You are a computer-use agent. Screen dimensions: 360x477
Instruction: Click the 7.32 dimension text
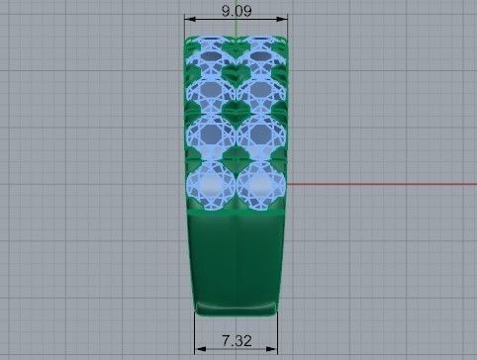[x=236, y=340]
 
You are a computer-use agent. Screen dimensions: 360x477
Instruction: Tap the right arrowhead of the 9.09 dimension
[x=284, y=19]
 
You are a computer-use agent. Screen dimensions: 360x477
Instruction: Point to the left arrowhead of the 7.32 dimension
[x=199, y=348]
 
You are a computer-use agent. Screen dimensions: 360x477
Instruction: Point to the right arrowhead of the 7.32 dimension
[x=273, y=348]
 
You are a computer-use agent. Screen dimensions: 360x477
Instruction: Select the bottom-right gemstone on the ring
[x=260, y=184]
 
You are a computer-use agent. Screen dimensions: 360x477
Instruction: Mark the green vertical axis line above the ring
[x=237, y=30]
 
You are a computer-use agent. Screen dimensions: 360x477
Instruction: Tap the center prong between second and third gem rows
[x=237, y=114]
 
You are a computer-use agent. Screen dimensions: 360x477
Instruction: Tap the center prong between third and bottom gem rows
[x=237, y=160]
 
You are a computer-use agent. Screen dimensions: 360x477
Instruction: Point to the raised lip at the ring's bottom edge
[x=237, y=308]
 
